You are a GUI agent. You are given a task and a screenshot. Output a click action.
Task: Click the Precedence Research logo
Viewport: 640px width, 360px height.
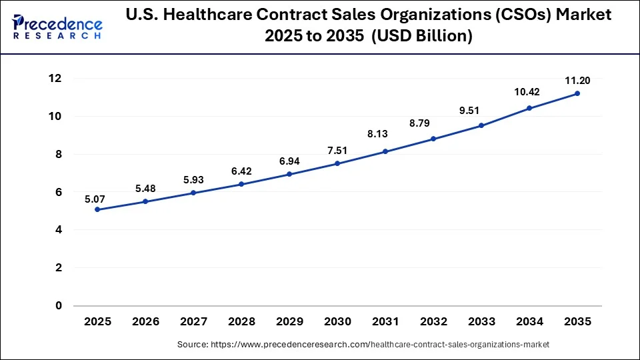(x=57, y=27)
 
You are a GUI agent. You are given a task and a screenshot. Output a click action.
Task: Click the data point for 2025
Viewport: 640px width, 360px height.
(x=97, y=209)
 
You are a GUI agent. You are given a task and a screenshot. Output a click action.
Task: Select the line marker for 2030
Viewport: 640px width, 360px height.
(x=337, y=163)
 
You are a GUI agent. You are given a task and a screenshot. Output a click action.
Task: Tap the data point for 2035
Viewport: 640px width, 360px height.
(x=577, y=93)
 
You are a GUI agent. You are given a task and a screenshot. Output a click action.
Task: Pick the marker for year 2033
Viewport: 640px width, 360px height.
(x=481, y=125)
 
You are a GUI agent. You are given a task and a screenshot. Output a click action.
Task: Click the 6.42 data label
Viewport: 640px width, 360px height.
(x=241, y=171)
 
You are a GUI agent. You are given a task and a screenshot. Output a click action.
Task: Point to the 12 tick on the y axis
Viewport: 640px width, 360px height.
(x=55, y=79)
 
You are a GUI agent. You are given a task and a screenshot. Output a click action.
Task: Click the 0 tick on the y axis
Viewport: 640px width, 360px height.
(x=59, y=305)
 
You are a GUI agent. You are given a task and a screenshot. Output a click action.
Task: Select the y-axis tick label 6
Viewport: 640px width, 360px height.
(x=59, y=192)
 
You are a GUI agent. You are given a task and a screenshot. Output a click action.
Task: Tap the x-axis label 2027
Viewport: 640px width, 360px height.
(x=193, y=321)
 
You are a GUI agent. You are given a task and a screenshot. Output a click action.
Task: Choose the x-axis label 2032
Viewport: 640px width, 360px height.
(x=433, y=321)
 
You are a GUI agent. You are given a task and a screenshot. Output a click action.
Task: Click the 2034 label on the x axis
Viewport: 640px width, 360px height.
(x=529, y=321)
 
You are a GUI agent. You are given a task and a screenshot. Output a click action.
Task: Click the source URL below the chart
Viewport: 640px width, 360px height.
(x=363, y=345)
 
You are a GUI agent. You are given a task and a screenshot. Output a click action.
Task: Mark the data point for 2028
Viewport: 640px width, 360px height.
(x=241, y=184)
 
